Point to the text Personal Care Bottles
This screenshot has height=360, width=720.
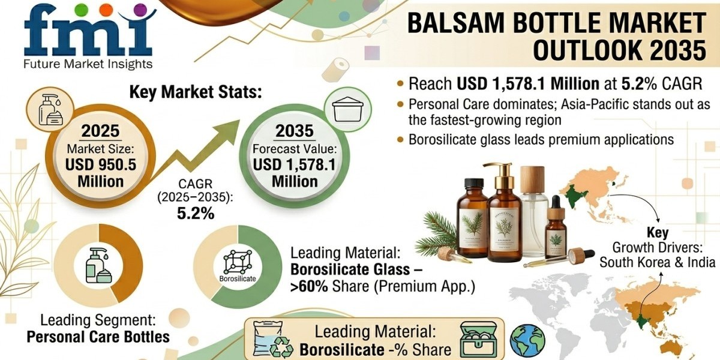[98, 337]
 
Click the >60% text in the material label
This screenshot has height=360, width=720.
[310, 286]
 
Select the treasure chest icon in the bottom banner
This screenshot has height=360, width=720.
[478, 339]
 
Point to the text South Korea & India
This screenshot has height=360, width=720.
[658, 262]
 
